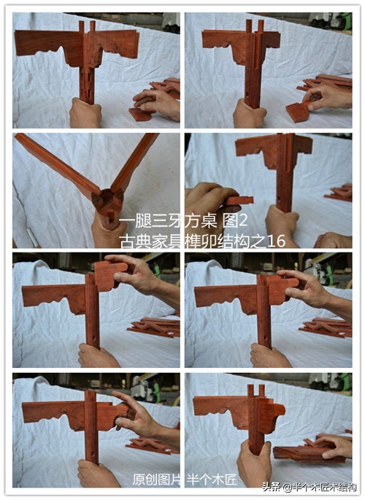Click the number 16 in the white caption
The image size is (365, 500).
(x=276, y=242)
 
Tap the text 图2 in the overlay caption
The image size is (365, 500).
(x=235, y=221)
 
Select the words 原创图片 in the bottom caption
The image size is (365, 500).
(x=156, y=479)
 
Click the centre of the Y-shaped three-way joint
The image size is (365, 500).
(x=108, y=202)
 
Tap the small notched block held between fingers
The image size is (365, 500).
(x=239, y=201)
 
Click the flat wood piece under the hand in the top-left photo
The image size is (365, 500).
(x=139, y=115)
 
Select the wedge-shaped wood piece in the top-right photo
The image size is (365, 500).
(x=297, y=111)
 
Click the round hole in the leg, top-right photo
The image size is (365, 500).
(x=248, y=95)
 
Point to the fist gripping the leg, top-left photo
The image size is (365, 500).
(x=85, y=113)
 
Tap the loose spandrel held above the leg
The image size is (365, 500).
(x=109, y=275)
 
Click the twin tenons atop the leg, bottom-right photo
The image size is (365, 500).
(x=256, y=391)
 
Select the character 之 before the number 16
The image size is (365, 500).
(x=259, y=242)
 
